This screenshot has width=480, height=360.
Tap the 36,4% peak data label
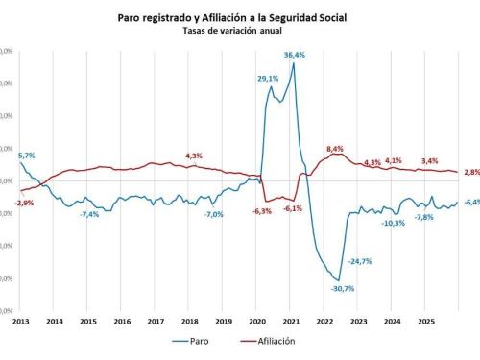coord(295,56)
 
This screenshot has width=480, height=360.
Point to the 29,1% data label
coord(268,79)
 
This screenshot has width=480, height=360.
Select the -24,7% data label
coord(361,261)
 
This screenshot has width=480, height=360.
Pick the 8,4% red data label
coord(335,149)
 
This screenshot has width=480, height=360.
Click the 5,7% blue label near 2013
coord(27,155)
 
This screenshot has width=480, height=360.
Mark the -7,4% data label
coord(89,214)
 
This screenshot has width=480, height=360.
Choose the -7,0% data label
coord(213,214)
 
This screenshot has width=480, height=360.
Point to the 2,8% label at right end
coord(471,172)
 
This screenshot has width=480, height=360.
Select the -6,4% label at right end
coord(471,202)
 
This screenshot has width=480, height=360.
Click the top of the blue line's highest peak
coord(293,64)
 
